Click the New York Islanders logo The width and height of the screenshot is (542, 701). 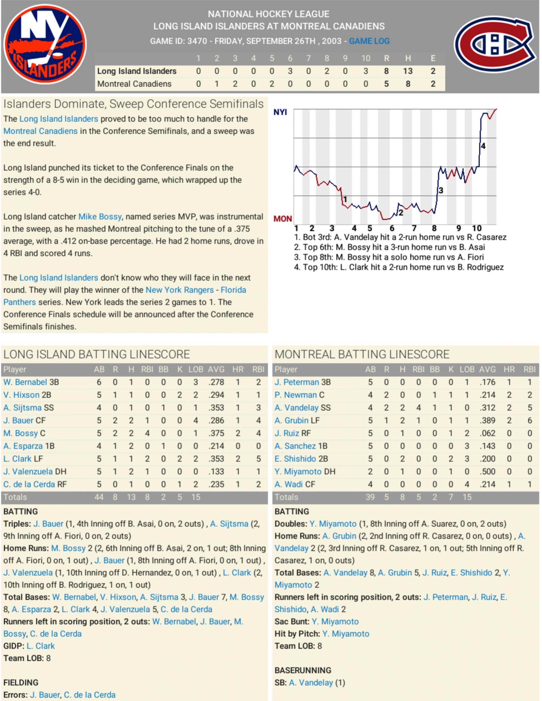[x=45, y=44]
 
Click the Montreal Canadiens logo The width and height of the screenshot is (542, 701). [x=495, y=44]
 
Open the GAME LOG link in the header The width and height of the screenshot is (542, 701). [x=369, y=41]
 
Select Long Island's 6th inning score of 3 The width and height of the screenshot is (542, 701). [x=290, y=71]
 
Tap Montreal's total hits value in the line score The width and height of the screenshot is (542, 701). [x=408, y=84]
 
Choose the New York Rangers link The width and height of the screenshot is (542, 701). [x=179, y=290]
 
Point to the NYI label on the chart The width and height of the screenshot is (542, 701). [x=280, y=112]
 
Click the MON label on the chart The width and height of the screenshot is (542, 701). [x=283, y=219]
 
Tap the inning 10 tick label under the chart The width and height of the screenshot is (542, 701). [x=477, y=228]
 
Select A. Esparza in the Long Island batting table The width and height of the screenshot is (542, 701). [x=23, y=446]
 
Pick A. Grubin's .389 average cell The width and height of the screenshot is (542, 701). [x=487, y=420]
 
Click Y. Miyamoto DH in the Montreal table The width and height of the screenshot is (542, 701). [x=305, y=472]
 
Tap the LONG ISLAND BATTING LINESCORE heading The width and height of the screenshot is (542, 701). [x=96, y=354]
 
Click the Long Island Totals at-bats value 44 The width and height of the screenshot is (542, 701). [x=99, y=497]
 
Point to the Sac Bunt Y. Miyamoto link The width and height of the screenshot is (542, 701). [x=335, y=622]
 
